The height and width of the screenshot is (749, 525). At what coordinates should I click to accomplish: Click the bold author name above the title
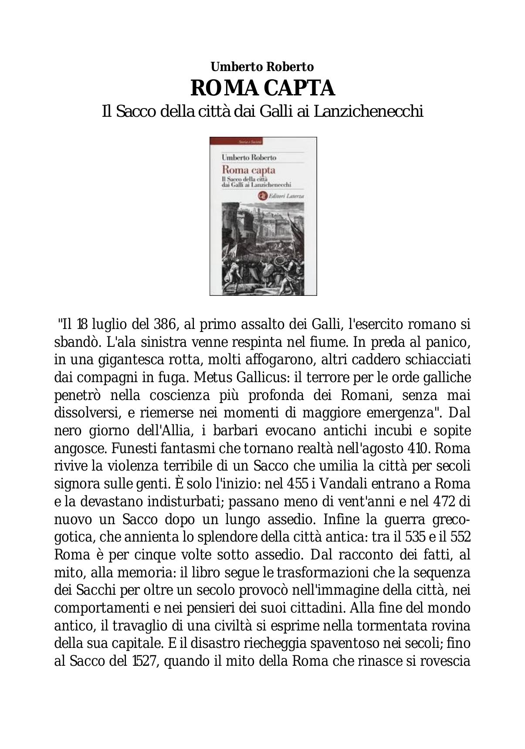click(x=262, y=67)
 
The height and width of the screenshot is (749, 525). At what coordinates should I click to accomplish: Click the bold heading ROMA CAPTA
click(x=262, y=88)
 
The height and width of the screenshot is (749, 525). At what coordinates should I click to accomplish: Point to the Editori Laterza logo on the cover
click(x=263, y=197)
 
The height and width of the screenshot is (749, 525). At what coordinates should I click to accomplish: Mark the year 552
click(x=460, y=537)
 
